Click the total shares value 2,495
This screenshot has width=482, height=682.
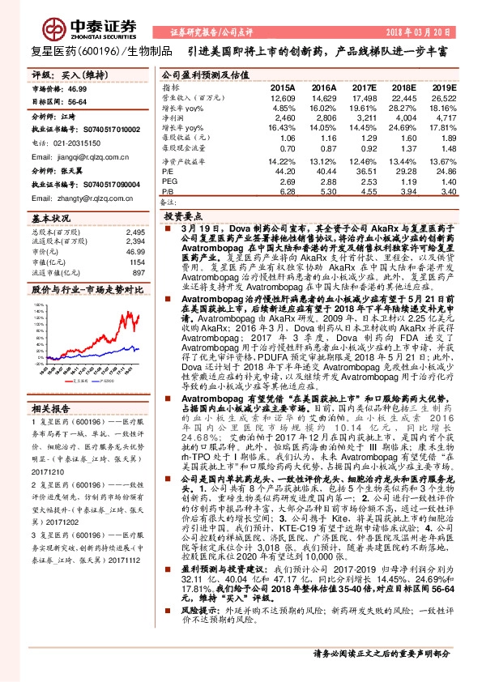coord(134,232)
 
